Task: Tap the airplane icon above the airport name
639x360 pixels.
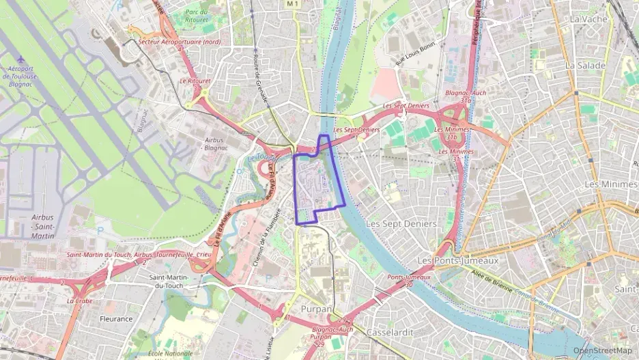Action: pos(21,59)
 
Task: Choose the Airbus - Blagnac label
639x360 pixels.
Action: pos(214,144)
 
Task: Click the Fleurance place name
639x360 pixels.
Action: pos(116,318)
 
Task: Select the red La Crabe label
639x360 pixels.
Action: pos(79,301)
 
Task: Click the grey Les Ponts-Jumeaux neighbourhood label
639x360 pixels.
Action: pos(457,261)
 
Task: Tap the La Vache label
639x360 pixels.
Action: pos(588,19)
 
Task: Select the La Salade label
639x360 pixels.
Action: pos(585,65)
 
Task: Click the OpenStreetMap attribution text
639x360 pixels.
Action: pos(602,351)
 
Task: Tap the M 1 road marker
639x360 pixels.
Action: pos(293,4)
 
